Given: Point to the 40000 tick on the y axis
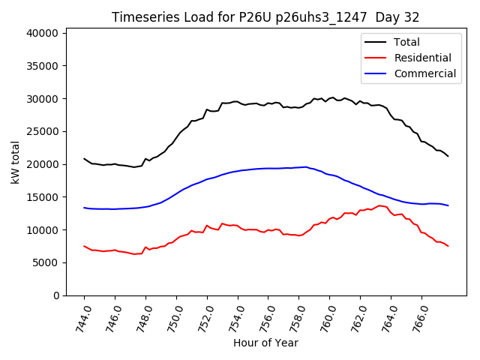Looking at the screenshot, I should point(44,33).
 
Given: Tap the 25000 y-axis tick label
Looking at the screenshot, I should point(44,131).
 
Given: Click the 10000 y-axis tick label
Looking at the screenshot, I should point(44,229).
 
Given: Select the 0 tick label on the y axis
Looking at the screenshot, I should point(57,295).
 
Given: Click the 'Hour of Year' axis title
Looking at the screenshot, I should point(265,343).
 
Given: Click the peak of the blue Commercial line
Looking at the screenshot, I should point(306,166).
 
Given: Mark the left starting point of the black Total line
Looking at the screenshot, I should point(84,158).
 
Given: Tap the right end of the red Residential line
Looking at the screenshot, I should point(448,246).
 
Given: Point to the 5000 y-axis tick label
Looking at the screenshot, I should point(47,262).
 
